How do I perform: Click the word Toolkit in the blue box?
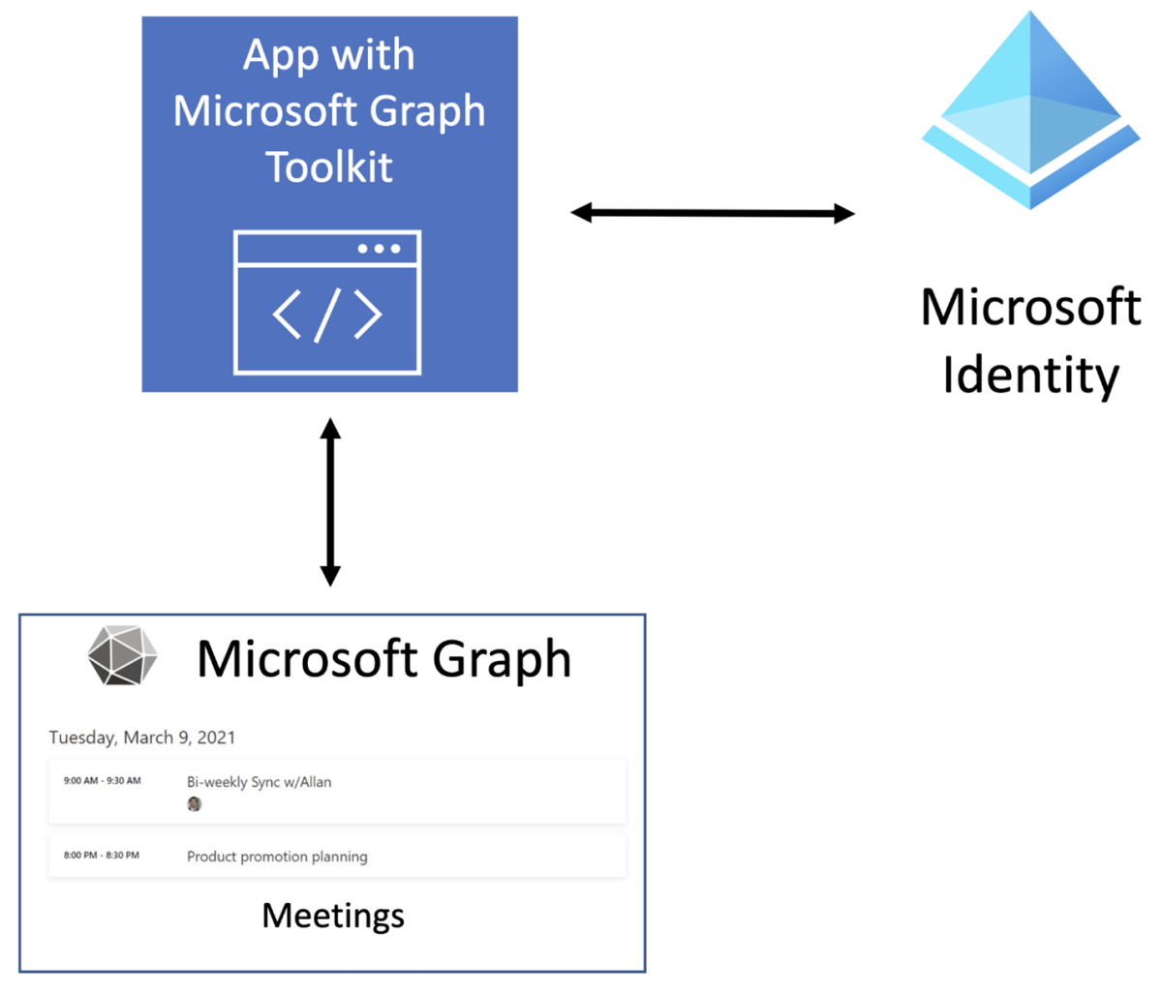point(329,167)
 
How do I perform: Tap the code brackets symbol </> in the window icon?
point(327,315)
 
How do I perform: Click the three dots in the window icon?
point(379,249)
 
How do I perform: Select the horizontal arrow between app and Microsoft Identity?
point(713,213)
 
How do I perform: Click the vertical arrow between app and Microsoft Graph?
point(330,501)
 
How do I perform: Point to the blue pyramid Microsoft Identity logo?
point(1030,111)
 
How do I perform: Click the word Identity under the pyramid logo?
point(1030,376)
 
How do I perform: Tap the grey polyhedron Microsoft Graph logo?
point(122,656)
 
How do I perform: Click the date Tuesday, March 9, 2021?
point(142,738)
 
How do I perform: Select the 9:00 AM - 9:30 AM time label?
point(102,781)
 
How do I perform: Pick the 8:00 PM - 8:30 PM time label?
point(102,856)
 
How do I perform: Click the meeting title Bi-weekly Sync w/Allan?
point(259,782)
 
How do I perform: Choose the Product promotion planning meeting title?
point(277,857)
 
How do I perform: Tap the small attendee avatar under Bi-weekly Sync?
point(195,804)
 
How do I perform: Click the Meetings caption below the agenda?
point(333,916)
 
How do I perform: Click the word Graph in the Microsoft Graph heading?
point(502,660)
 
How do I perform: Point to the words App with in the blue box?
point(329,55)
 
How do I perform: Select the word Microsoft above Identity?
point(1030,308)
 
